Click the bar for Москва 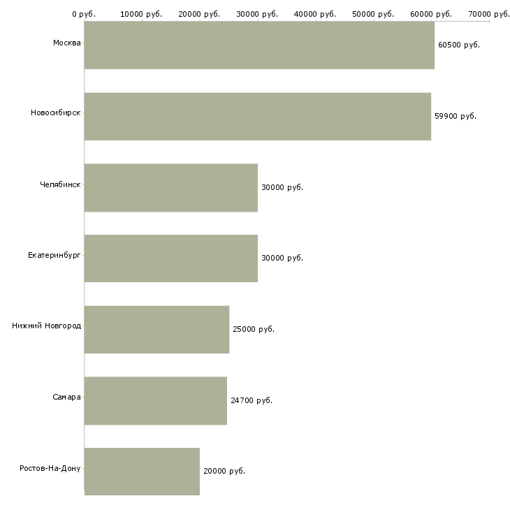click(x=259, y=45)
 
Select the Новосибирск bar click(x=257, y=117)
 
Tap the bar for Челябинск click(x=171, y=188)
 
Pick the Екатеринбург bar click(x=171, y=258)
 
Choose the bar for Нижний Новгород click(x=156, y=330)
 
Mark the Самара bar click(x=156, y=401)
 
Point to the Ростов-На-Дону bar click(x=142, y=472)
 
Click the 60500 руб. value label click(x=459, y=45)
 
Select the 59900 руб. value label click(x=456, y=117)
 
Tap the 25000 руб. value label click(x=254, y=330)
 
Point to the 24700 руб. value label click(x=252, y=401)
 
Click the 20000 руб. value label click(x=224, y=472)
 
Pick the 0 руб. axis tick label click(x=84, y=14)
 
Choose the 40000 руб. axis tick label click(x=316, y=14)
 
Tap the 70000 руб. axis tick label click(x=489, y=14)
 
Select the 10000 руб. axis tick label click(x=142, y=14)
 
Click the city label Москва click(x=66, y=43)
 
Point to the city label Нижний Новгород click(x=47, y=326)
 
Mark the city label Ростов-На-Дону click(x=50, y=468)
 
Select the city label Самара click(x=66, y=398)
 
